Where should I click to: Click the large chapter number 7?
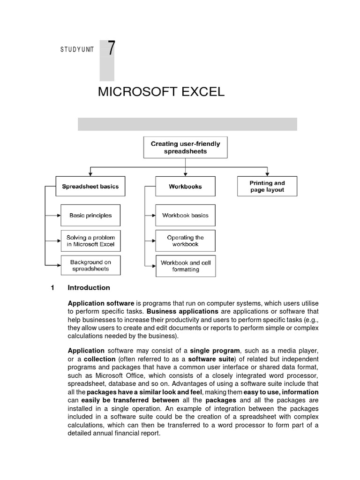pyautogui.click(x=111, y=49)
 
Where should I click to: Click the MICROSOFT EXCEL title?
pyautogui.click(x=161, y=92)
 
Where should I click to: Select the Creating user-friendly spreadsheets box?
pyautogui.click(x=185, y=148)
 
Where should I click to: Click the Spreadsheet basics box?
pyautogui.click(x=90, y=186)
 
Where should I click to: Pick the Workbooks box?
pyautogui.click(x=185, y=186)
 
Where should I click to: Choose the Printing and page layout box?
pyautogui.click(x=267, y=186)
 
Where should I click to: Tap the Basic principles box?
pyautogui.click(x=90, y=215)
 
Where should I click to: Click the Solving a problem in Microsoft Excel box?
pyautogui.click(x=90, y=241)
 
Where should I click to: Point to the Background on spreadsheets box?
pyautogui.click(x=90, y=265)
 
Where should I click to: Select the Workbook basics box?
pyautogui.click(x=185, y=215)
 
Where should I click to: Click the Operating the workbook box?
pyautogui.click(x=185, y=241)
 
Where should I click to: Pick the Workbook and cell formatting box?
pyautogui.click(x=185, y=266)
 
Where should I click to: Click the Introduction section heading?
pyautogui.click(x=89, y=287)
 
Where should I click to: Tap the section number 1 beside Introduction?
pyautogui.click(x=53, y=287)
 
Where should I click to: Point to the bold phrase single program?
pyautogui.click(x=216, y=351)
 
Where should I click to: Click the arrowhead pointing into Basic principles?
pyautogui.click(x=59, y=215)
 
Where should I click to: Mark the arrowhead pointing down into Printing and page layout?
pyautogui.click(x=267, y=174)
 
